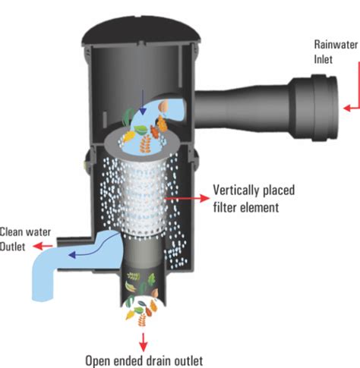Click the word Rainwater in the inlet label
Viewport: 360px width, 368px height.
click(x=336, y=45)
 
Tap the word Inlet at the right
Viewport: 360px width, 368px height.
click(x=324, y=59)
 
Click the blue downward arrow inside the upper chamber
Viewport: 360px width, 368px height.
click(x=143, y=102)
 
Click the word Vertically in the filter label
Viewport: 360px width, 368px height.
click(x=236, y=190)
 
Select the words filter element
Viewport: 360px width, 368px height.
click(x=246, y=207)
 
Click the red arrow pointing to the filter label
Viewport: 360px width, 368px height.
click(x=188, y=198)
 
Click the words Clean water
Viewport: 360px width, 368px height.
click(x=25, y=232)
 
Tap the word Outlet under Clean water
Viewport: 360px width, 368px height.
click(x=12, y=247)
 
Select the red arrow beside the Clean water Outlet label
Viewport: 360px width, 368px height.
click(x=43, y=246)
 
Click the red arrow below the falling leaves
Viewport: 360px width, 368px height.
click(x=144, y=342)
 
